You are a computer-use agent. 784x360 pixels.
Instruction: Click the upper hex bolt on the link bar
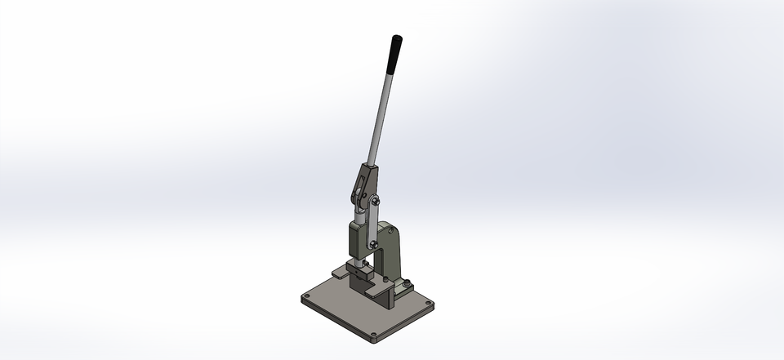coord(376,201)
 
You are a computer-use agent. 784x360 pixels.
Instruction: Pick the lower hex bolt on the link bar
coord(373,242)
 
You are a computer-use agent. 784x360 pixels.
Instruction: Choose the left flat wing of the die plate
coord(338,272)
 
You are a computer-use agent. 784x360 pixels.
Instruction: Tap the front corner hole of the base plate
coord(373,334)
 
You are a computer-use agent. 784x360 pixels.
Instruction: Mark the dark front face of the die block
coord(359,286)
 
